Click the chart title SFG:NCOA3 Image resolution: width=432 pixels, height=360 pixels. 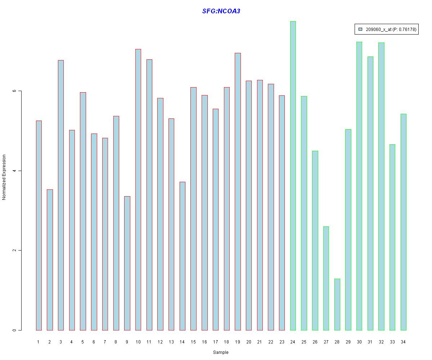(x=221, y=11)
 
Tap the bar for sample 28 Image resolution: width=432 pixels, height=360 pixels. (x=337, y=305)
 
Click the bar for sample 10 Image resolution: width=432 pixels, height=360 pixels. (x=138, y=190)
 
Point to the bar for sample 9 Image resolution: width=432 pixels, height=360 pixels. (x=127, y=263)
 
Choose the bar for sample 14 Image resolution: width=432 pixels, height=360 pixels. (x=183, y=256)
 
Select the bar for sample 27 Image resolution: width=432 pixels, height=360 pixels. (x=326, y=278)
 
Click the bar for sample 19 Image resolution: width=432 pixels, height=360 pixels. (x=238, y=192)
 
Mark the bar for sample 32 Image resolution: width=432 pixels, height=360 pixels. (x=381, y=186)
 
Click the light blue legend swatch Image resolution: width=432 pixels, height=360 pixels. (x=360, y=29)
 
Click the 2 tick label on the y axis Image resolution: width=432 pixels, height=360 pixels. (x=15, y=251)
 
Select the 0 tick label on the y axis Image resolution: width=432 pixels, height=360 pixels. (x=15, y=330)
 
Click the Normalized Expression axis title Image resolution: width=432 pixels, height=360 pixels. (x=4, y=177)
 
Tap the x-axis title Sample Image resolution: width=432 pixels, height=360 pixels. (x=221, y=352)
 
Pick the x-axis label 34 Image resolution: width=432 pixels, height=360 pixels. (x=403, y=342)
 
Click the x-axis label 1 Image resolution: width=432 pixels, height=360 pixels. (x=38, y=342)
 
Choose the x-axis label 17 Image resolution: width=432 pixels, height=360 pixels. (x=215, y=342)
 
